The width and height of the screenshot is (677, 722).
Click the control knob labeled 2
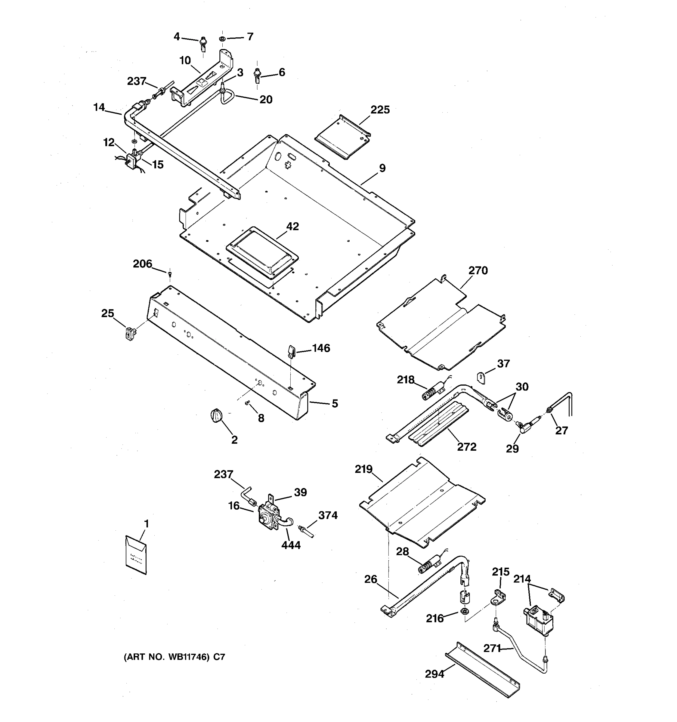[x=215, y=415]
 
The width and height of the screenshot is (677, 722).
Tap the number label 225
[x=380, y=110]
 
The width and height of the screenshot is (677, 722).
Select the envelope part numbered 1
[x=136, y=555]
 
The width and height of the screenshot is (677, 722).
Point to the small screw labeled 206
[x=170, y=273]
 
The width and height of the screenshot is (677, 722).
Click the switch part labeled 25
[x=130, y=333]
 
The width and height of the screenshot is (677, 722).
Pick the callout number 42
[x=292, y=226]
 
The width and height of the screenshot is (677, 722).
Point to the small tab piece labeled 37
[x=481, y=378]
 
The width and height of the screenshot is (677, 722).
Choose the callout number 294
[x=434, y=674]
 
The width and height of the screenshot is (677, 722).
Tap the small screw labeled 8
[x=248, y=403]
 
